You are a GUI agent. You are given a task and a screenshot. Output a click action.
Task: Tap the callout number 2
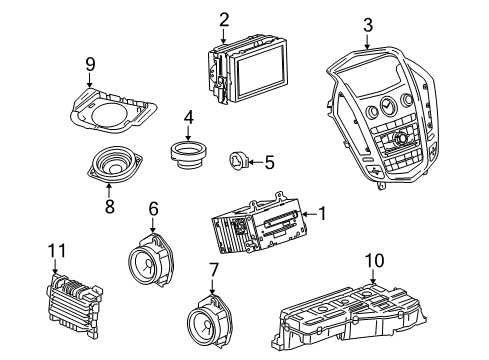coord(224,18)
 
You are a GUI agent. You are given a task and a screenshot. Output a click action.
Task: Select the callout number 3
coord(368,24)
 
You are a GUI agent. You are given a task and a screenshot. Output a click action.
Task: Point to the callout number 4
coord(187,118)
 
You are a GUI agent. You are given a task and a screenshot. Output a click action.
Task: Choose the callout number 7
coord(213,269)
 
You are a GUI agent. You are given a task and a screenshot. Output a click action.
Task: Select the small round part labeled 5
coord(240,157)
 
